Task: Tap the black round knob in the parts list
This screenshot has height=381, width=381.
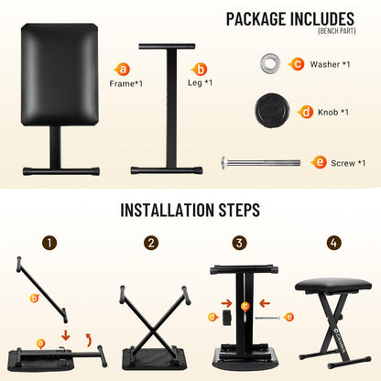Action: tap(272, 111)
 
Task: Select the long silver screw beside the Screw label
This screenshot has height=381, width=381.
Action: tap(261, 162)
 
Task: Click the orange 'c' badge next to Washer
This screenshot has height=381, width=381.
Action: tap(297, 64)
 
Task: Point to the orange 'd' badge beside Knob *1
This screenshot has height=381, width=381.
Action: tap(306, 112)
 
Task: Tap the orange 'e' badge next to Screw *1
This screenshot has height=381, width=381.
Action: tap(319, 162)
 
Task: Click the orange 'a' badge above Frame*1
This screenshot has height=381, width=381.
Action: tap(122, 70)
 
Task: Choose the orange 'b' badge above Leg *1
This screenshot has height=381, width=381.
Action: tap(200, 70)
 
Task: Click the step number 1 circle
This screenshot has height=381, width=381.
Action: tap(49, 243)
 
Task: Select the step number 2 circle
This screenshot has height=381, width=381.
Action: tap(151, 243)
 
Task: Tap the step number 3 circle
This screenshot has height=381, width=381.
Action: tap(239, 243)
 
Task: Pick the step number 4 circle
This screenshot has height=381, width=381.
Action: tap(333, 243)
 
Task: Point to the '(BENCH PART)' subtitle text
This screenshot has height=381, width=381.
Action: tap(337, 31)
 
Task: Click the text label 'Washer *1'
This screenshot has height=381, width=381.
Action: tap(330, 64)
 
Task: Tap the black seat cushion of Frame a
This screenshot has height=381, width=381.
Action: tap(60, 74)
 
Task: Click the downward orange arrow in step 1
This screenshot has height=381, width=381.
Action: tap(66, 335)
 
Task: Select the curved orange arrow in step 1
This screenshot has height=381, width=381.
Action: tap(89, 340)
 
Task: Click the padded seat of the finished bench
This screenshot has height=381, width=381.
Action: tap(333, 286)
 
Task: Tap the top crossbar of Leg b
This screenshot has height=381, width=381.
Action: tap(167, 47)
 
